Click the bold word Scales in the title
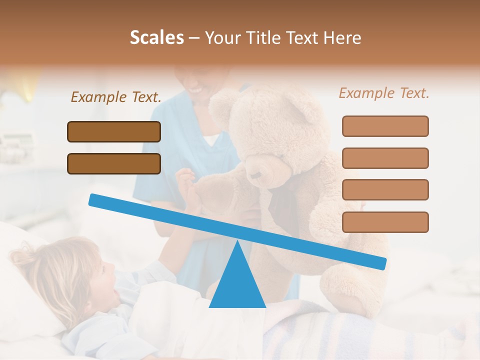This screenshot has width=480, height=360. click(156, 38)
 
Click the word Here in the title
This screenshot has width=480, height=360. click(342, 38)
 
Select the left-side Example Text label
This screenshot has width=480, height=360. click(116, 97)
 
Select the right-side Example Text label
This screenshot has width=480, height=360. click(384, 93)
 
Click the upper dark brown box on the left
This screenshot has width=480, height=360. click(114, 131)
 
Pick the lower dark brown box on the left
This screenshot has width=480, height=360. click(114, 163)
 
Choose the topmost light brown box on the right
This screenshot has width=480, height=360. click(385, 126)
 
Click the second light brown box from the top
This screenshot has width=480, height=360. click(385, 158)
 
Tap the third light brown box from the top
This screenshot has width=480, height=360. click(385, 190)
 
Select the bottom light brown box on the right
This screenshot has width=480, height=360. click(385, 222)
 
